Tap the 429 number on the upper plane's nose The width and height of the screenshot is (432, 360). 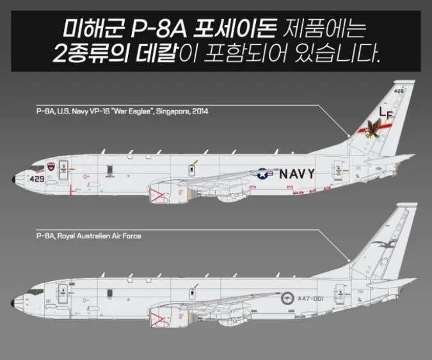click(36, 179)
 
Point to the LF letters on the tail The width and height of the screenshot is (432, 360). click(385, 113)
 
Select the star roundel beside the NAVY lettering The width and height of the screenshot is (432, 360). click(264, 173)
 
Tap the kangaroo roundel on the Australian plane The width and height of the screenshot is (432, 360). click(287, 298)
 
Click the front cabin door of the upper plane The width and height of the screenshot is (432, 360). click(64, 170)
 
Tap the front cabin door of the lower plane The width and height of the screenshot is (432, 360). click(64, 294)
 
